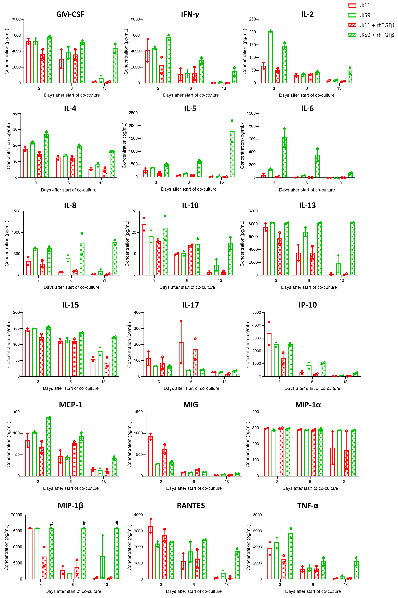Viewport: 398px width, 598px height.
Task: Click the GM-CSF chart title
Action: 70,14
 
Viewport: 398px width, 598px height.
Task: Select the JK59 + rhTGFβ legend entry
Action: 376,35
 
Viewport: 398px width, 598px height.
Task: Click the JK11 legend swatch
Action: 352,5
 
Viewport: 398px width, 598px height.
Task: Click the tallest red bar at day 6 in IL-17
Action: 181,359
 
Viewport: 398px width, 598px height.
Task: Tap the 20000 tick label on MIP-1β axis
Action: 17,515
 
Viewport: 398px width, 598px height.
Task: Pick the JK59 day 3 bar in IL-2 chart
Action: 270,57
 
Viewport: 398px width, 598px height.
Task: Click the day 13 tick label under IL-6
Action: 340,183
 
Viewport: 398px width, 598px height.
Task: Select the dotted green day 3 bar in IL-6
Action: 284,158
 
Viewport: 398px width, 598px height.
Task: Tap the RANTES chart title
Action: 191,506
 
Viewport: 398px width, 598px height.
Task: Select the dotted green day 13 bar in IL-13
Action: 352,249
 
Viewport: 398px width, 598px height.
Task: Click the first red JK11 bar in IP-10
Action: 269,355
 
